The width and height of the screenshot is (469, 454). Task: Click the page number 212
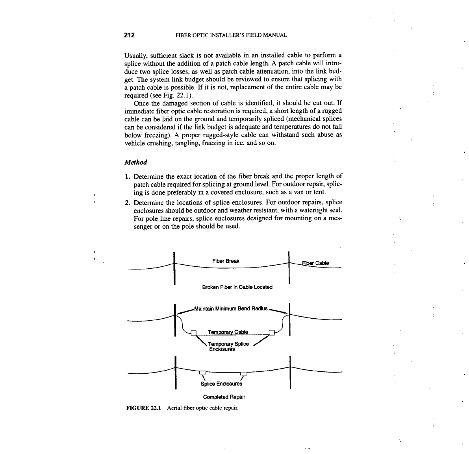[x=130, y=35]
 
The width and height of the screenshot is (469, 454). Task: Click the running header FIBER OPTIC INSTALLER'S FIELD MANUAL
[x=231, y=35]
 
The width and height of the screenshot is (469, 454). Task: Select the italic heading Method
[x=135, y=162]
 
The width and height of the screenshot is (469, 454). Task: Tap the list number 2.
[x=128, y=203]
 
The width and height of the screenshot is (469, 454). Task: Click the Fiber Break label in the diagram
[x=226, y=261]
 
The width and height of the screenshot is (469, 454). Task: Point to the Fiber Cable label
[x=315, y=263]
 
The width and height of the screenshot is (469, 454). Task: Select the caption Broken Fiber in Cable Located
[x=237, y=287]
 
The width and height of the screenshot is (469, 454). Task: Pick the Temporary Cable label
[x=228, y=332]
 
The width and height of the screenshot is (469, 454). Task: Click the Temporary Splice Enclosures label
[x=229, y=347]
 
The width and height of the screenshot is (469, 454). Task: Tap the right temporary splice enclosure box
[x=271, y=333]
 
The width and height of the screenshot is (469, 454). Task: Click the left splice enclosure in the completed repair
[x=203, y=372]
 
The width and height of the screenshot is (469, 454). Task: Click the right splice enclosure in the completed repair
[x=243, y=373]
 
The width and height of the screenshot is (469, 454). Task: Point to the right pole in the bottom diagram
[x=289, y=372]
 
